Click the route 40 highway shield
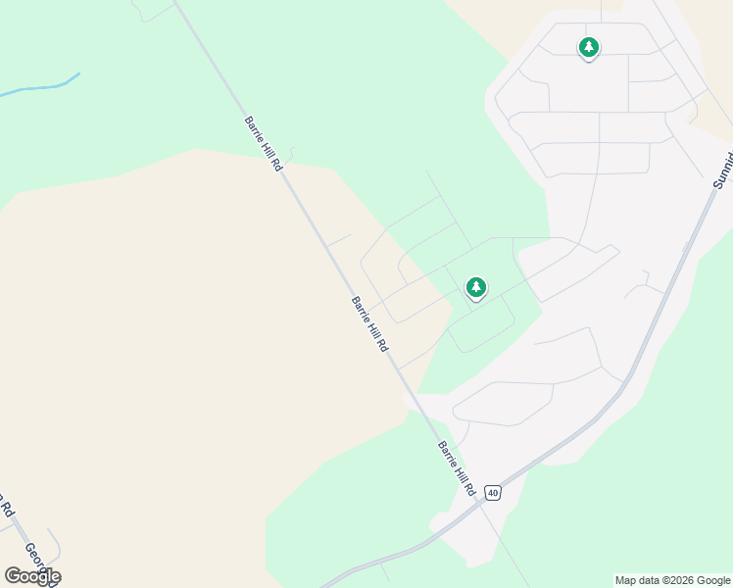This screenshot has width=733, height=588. click(492, 492)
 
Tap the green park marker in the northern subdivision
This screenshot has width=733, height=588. click(588, 47)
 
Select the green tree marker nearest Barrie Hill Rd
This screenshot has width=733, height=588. click(475, 287)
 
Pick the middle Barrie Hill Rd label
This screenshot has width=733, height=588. click(370, 324)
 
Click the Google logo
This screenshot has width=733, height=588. click(32, 576)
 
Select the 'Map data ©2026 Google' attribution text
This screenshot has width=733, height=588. click(672, 580)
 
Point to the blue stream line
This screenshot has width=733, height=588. click(39, 88)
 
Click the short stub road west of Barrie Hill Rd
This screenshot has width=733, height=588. click(338, 240)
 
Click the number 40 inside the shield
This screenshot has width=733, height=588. click(492, 492)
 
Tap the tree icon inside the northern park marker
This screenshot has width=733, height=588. click(588, 45)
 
